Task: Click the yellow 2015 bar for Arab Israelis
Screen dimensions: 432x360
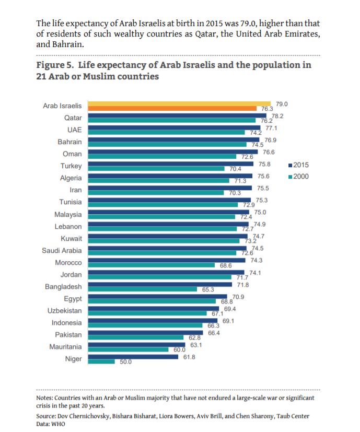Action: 178,103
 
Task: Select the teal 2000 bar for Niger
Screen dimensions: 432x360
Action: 100,361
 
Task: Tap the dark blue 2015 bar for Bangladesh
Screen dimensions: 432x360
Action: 159,284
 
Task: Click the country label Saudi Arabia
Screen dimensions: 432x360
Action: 62,251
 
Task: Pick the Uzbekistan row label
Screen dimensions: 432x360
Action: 64,311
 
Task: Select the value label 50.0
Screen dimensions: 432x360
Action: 126,361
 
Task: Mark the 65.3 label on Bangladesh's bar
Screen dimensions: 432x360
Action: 209,289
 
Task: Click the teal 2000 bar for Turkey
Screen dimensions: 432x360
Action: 158,169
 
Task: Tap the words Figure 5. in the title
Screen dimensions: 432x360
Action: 55,65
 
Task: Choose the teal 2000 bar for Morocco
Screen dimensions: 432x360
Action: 152,265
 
